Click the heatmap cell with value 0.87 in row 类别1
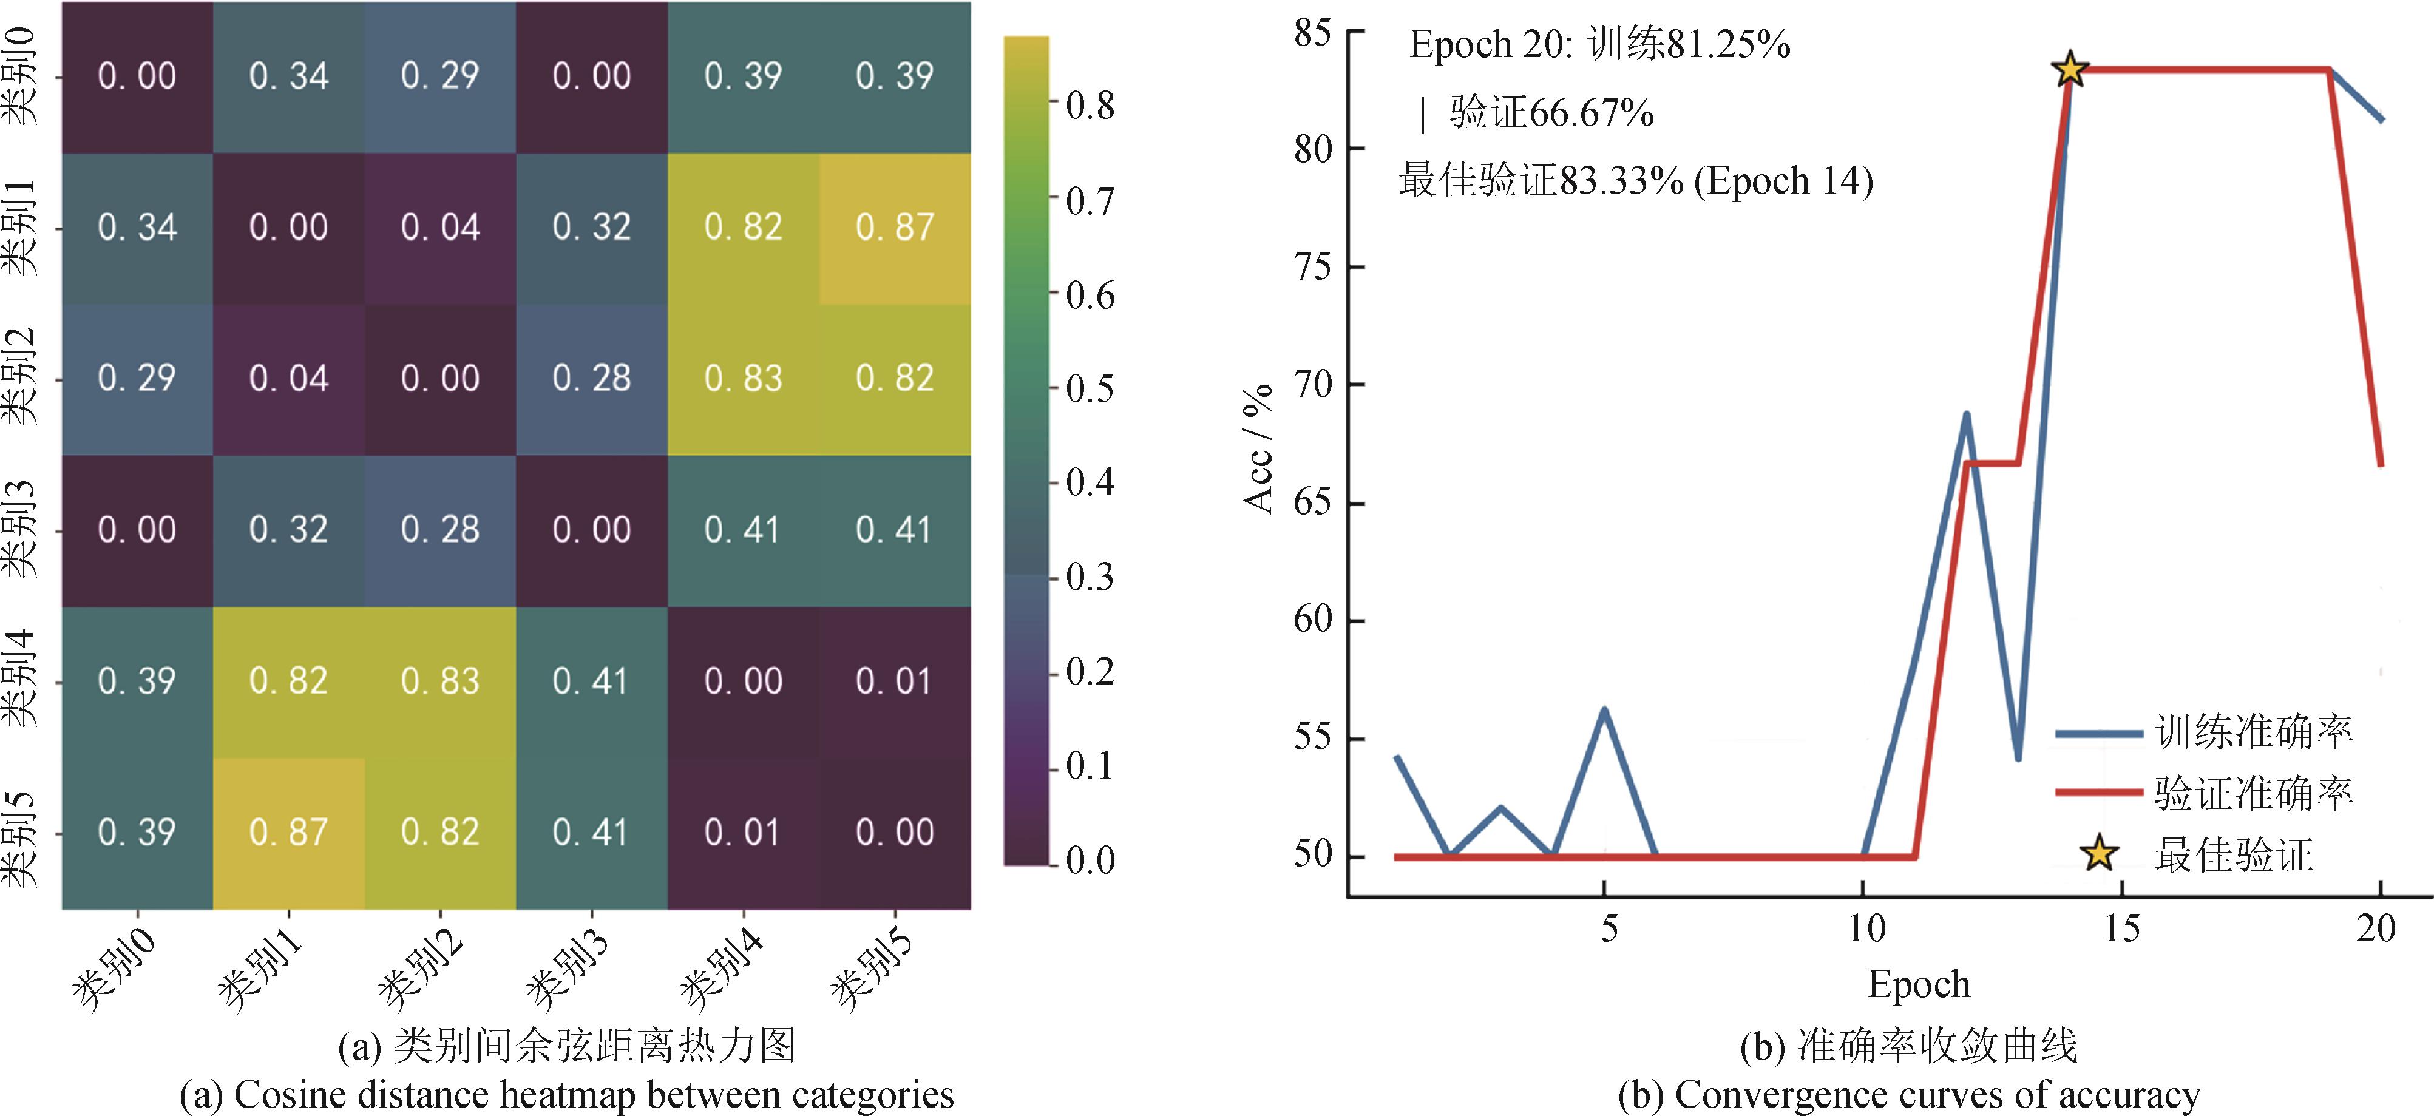[x=895, y=228]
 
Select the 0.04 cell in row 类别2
[x=288, y=379]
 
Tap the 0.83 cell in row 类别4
[x=440, y=681]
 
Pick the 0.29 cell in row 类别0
[x=440, y=76]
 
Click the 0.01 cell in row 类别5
[x=743, y=833]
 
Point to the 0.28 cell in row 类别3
[x=440, y=530]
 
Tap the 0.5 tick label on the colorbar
[x=1090, y=390]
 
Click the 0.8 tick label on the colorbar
[x=1090, y=106]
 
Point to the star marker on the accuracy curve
[x=2069, y=69]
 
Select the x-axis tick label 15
[x=2121, y=929]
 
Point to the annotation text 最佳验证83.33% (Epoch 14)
[x=1635, y=180]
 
